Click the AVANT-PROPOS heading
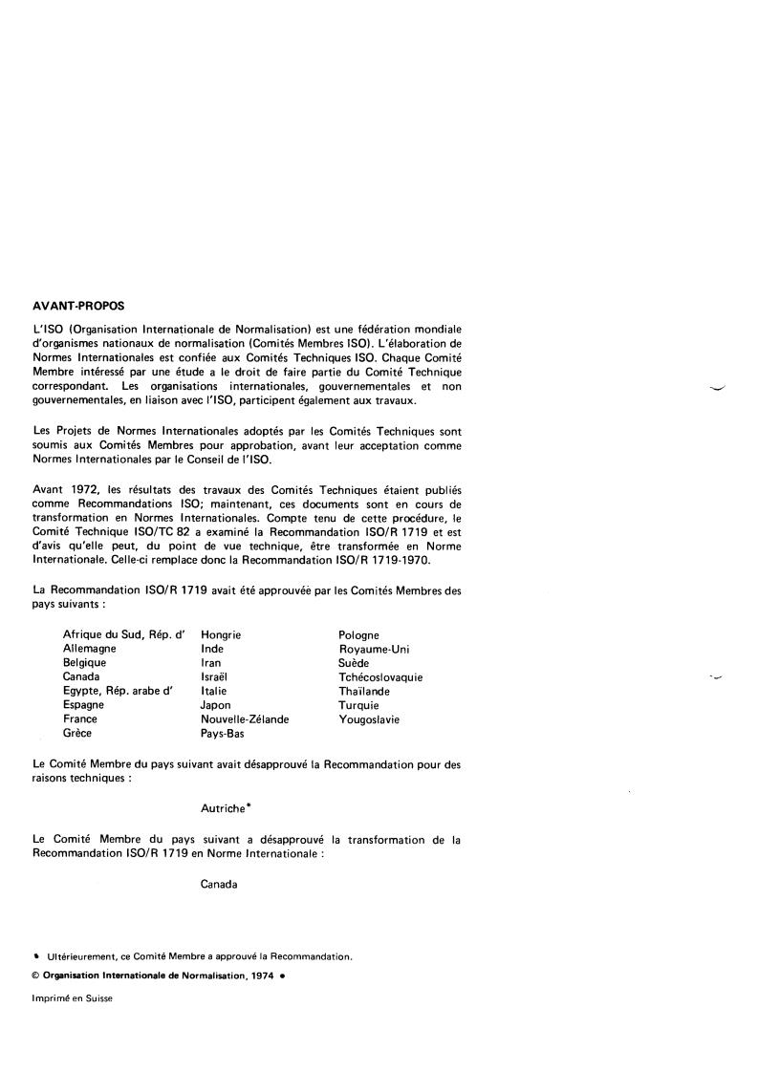click(78, 307)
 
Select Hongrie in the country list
click(221, 634)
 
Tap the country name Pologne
click(358, 634)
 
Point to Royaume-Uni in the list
click(367, 649)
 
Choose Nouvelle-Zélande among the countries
click(245, 719)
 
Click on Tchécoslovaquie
click(380, 677)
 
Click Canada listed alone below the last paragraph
click(219, 885)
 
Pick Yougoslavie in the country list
click(369, 719)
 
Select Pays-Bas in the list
click(224, 734)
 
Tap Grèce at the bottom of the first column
click(79, 734)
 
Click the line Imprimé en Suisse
click(73, 999)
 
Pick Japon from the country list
click(216, 705)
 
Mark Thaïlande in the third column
click(364, 691)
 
